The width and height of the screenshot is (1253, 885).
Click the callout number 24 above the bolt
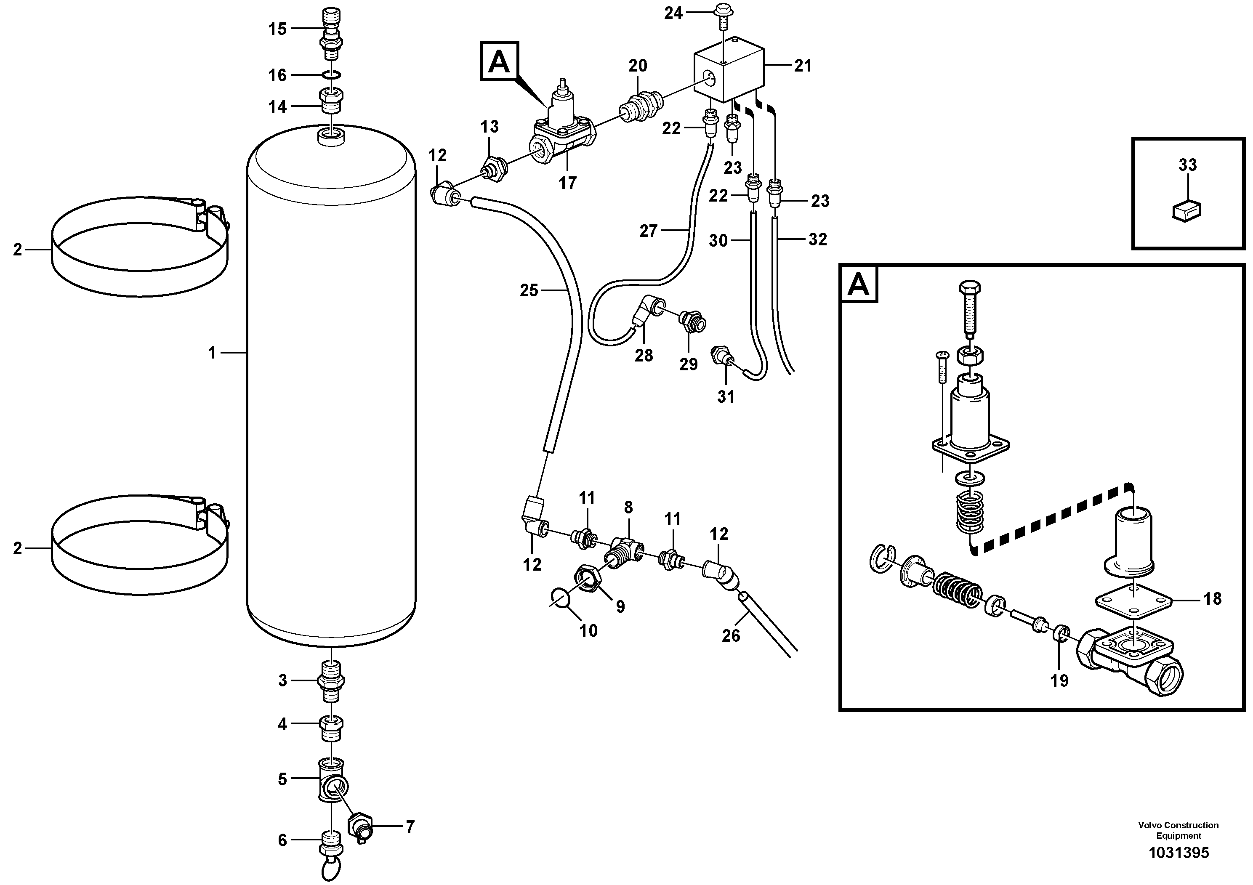pos(673,13)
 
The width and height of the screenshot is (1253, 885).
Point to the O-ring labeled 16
pos(331,75)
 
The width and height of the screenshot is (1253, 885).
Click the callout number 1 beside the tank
pos(212,353)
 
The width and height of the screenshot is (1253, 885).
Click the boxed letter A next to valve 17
pos(499,62)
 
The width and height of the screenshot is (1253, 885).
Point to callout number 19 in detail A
pos(1060,680)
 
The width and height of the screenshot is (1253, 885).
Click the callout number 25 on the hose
pos(529,290)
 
